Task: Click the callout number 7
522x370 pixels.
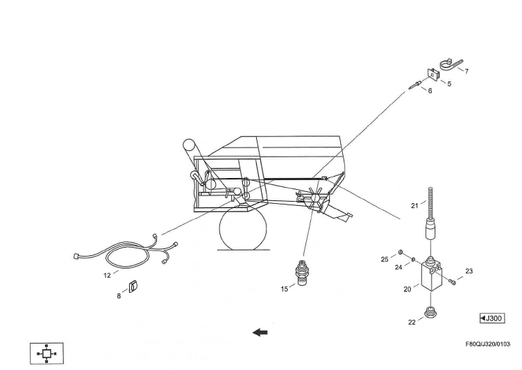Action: [x=466, y=72]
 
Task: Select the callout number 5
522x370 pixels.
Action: [x=449, y=83]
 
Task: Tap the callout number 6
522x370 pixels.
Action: [x=430, y=91]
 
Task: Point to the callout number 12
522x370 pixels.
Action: [x=107, y=275]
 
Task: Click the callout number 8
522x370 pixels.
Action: [x=119, y=295]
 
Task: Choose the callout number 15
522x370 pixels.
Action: [x=285, y=289]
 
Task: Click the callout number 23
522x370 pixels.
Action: [x=469, y=271]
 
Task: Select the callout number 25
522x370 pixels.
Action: [x=384, y=259]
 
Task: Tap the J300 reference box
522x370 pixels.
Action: [x=492, y=319]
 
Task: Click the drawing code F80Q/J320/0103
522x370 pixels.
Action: [x=493, y=344]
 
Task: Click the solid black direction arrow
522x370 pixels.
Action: [x=260, y=332]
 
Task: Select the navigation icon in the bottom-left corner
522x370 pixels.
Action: [x=47, y=353]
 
